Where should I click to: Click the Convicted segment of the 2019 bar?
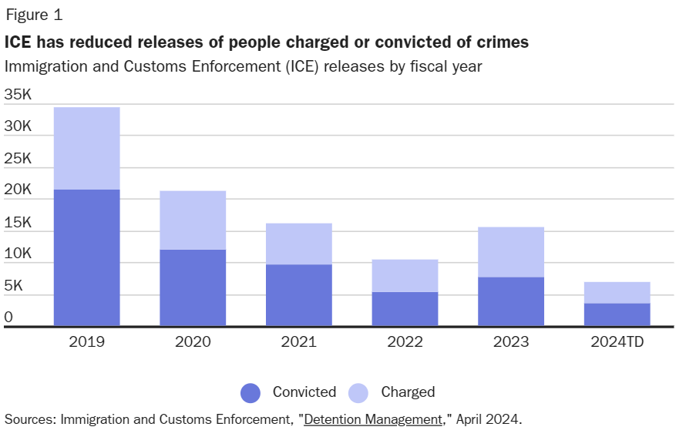click(x=86, y=257)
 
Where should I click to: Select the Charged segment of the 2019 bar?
click(x=86, y=148)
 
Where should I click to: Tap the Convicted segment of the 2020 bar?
click(x=193, y=287)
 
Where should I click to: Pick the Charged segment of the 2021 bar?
click(x=298, y=244)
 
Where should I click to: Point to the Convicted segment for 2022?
click(x=405, y=308)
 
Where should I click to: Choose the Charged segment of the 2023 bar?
click(x=511, y=252)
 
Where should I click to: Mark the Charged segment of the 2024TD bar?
click(x=617, y=292)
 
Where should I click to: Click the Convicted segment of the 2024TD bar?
click(x=617, y=314)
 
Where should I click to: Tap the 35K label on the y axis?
click(x=18, y=95)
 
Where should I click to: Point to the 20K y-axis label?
click(x=18, y=190)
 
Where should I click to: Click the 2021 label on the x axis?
click(x=298, y=342)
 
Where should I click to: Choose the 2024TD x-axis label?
click(x=617, y=342)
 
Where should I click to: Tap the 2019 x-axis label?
click(x=86, y=342)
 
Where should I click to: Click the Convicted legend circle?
click(x=251, y=392)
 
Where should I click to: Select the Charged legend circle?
click(x=358, y=392)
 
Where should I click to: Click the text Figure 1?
click(x=34, y=15)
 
